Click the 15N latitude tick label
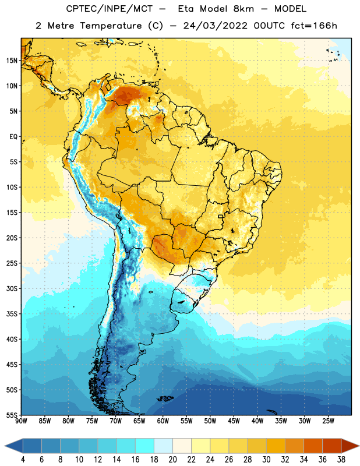(x=12, y=61)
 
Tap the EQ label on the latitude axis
(x=13, y=137)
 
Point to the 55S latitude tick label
(x=12, y=415)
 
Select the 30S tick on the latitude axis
(x=12, y=288)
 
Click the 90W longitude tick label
(x=21, y=421)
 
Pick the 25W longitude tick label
(x=328, y=421)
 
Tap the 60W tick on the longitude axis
(x=163, y=421)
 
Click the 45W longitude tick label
(x=234, y=421)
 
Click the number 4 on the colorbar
(x=23, y=460)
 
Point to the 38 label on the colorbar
(x=341, y=460)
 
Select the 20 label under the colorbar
(x=172, y=460)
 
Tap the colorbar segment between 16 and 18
(x=145, y=446)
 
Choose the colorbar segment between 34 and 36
(x=313, y=446)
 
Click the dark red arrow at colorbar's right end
(x=350, y=446)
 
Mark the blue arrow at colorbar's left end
(x=14, y=446)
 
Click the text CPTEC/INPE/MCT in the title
(x=109, y=9)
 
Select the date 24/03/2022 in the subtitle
(x=215, y=26)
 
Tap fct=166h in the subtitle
(x=314, y=26)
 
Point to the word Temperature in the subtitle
(x=111, y=26)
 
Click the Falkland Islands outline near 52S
(x=165, y=398)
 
